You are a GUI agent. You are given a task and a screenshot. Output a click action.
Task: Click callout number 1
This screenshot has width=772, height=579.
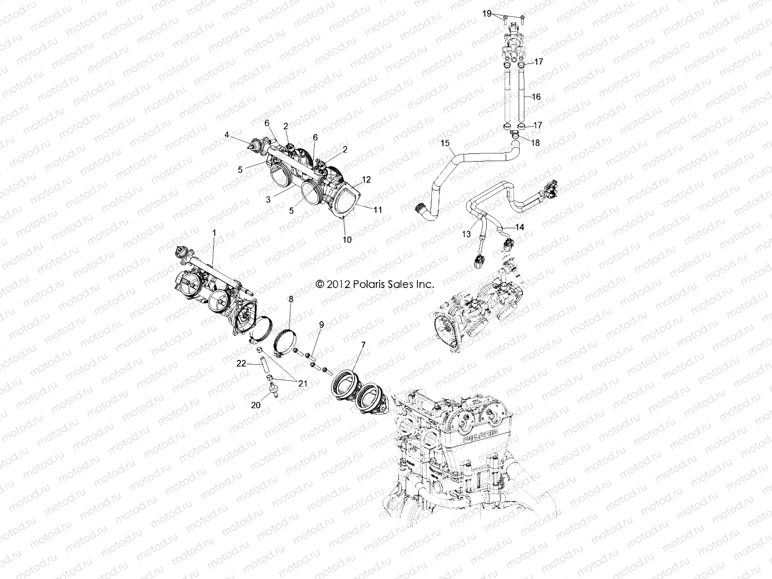[x=215, y=233]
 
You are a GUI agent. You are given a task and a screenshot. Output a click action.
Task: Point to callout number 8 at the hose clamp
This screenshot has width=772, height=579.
[x=290, y=300]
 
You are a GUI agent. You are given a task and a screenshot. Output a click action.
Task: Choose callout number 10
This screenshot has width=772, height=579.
[x=346, y=239]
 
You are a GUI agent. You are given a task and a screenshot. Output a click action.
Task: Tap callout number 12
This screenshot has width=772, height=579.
[x=367, y=179]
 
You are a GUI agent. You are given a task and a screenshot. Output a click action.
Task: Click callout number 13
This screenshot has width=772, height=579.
[x=466, y=234]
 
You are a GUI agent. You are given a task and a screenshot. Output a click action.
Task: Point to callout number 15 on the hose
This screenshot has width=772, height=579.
[x=445, y=143]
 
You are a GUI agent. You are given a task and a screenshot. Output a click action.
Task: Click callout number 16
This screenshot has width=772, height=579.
[x=536, y=96]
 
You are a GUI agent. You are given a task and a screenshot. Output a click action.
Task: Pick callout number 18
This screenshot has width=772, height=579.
[x=536, y=143]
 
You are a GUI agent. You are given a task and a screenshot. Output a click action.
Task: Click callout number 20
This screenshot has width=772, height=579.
[x=256, y=405]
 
